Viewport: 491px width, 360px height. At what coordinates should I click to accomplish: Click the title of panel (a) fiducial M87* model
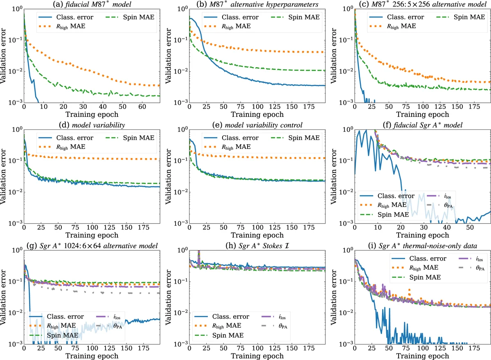92,4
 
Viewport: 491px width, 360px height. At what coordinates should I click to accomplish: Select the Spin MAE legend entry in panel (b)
295,17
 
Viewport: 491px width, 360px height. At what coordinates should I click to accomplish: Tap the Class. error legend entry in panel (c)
397,17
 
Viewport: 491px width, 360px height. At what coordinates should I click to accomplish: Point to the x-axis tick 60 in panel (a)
142,107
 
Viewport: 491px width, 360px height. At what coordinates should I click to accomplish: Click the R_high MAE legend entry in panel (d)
62,147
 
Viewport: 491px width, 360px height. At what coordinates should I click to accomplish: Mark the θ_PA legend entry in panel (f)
440,205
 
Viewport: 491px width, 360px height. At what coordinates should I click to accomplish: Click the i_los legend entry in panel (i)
471,259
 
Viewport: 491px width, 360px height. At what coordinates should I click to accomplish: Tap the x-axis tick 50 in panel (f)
470,227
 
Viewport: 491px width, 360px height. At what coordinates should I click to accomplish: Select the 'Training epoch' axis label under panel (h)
257,356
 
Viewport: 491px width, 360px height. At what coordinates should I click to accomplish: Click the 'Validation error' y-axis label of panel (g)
3,297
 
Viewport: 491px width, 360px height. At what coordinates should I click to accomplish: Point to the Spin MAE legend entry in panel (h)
219,335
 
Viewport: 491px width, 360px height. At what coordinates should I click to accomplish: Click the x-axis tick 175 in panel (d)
144,227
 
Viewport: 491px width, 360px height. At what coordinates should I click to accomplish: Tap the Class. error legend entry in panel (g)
56,317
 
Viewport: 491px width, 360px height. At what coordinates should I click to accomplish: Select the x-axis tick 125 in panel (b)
275,107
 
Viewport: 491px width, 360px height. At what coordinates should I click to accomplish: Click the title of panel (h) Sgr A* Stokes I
257,246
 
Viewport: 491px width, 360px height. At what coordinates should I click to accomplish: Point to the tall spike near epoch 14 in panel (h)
199,255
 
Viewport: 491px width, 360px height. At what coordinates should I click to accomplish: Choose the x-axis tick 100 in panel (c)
423,107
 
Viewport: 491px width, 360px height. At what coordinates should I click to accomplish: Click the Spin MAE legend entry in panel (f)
385,215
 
